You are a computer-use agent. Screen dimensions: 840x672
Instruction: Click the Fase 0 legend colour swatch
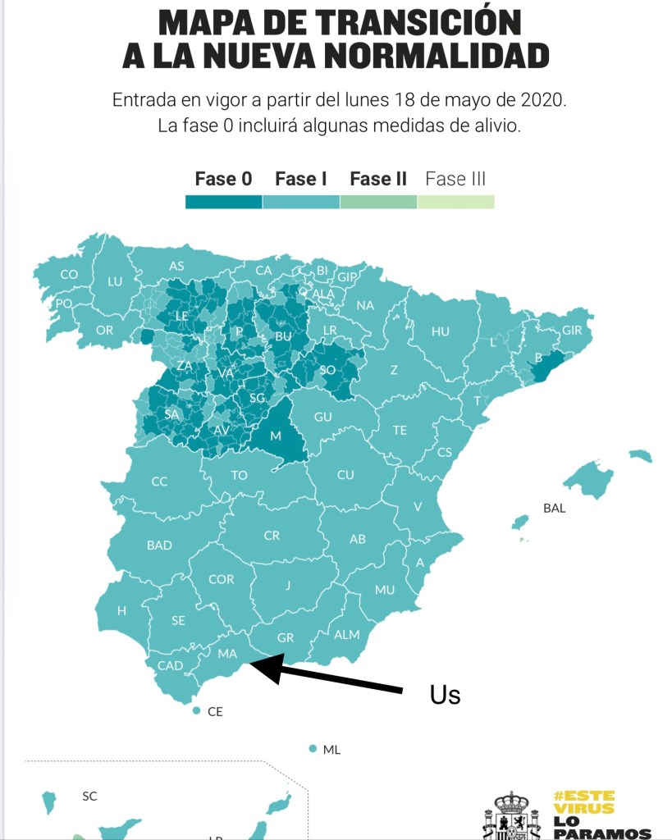(223, 202)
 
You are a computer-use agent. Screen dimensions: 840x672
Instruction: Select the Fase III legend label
(455, 179)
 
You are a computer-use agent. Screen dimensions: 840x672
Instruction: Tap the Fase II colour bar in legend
(378, 202)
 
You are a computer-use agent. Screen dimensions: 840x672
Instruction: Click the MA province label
(227, 654)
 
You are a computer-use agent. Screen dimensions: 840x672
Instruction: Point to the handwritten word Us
(446, 695)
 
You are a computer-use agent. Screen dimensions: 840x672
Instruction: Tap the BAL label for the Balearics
(554, 508)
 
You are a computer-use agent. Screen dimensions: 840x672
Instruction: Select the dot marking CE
(196, 711)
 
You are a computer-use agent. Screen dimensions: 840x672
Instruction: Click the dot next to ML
(313, 749)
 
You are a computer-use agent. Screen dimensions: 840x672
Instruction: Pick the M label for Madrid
(276, 436)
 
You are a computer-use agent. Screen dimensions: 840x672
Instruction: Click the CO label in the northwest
(69, 275)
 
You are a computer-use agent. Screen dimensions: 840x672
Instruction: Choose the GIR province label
(572, 331)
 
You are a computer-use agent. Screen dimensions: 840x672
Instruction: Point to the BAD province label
(159, 545)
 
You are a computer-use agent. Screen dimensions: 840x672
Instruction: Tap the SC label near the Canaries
(89, 796)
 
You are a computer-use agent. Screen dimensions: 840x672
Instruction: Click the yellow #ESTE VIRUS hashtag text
(584, 802)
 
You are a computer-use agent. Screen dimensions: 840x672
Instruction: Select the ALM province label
(346, 634)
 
